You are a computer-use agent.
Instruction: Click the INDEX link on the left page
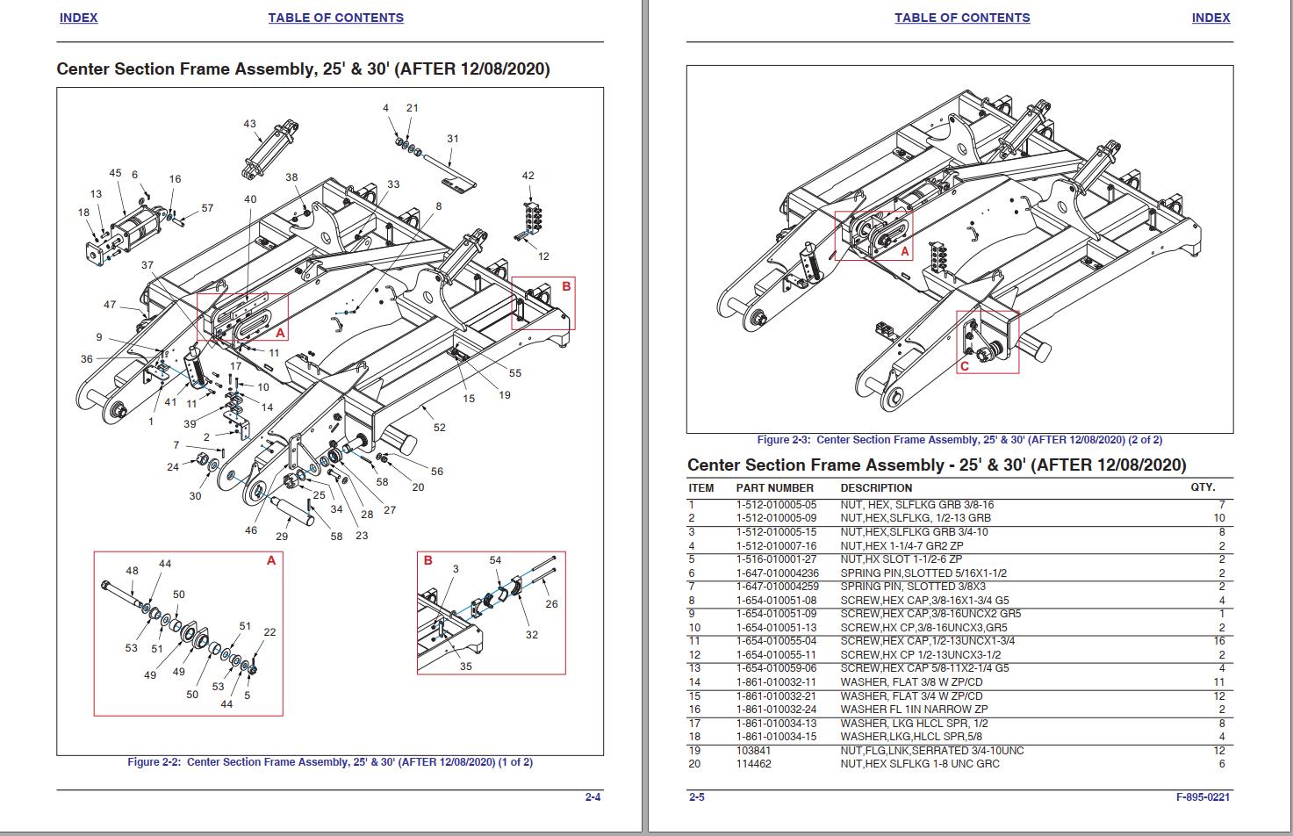pos(78,18)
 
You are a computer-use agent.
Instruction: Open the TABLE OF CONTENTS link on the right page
pos(962,18)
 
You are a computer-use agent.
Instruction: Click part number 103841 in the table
pos(752,751)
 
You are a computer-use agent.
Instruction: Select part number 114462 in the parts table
pos(752,764)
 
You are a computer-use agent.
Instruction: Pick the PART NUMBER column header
pos(774,488)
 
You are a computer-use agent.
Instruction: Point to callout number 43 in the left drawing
pos(249,124)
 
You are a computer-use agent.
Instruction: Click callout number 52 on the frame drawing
pos(439,428)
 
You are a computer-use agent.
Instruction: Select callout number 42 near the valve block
pos(528,176)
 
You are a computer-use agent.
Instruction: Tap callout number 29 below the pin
pos(282,537)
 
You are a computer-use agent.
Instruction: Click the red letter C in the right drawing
pos(964,366)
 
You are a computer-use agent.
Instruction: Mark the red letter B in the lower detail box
pos(428,560)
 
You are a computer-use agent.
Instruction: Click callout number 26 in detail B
pos(551,603)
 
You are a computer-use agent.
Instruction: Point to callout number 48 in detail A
pos(132,571)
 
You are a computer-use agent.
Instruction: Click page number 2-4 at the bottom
pos(593,797)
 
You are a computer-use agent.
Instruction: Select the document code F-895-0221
pos(1203,797)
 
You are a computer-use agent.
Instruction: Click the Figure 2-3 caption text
pos(959,440)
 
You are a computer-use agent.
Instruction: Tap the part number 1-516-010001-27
pos(776,559)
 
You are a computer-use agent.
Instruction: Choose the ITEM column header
pos(700,488)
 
